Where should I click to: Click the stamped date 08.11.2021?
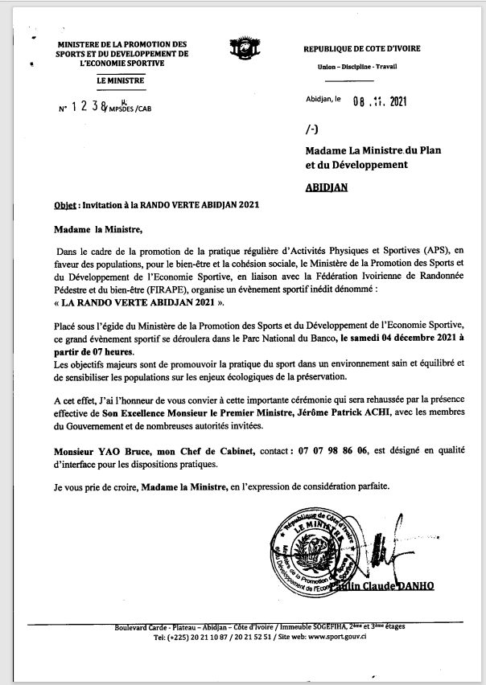click(x=382, y=100)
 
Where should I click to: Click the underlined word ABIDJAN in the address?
click(x=327, y=186)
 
